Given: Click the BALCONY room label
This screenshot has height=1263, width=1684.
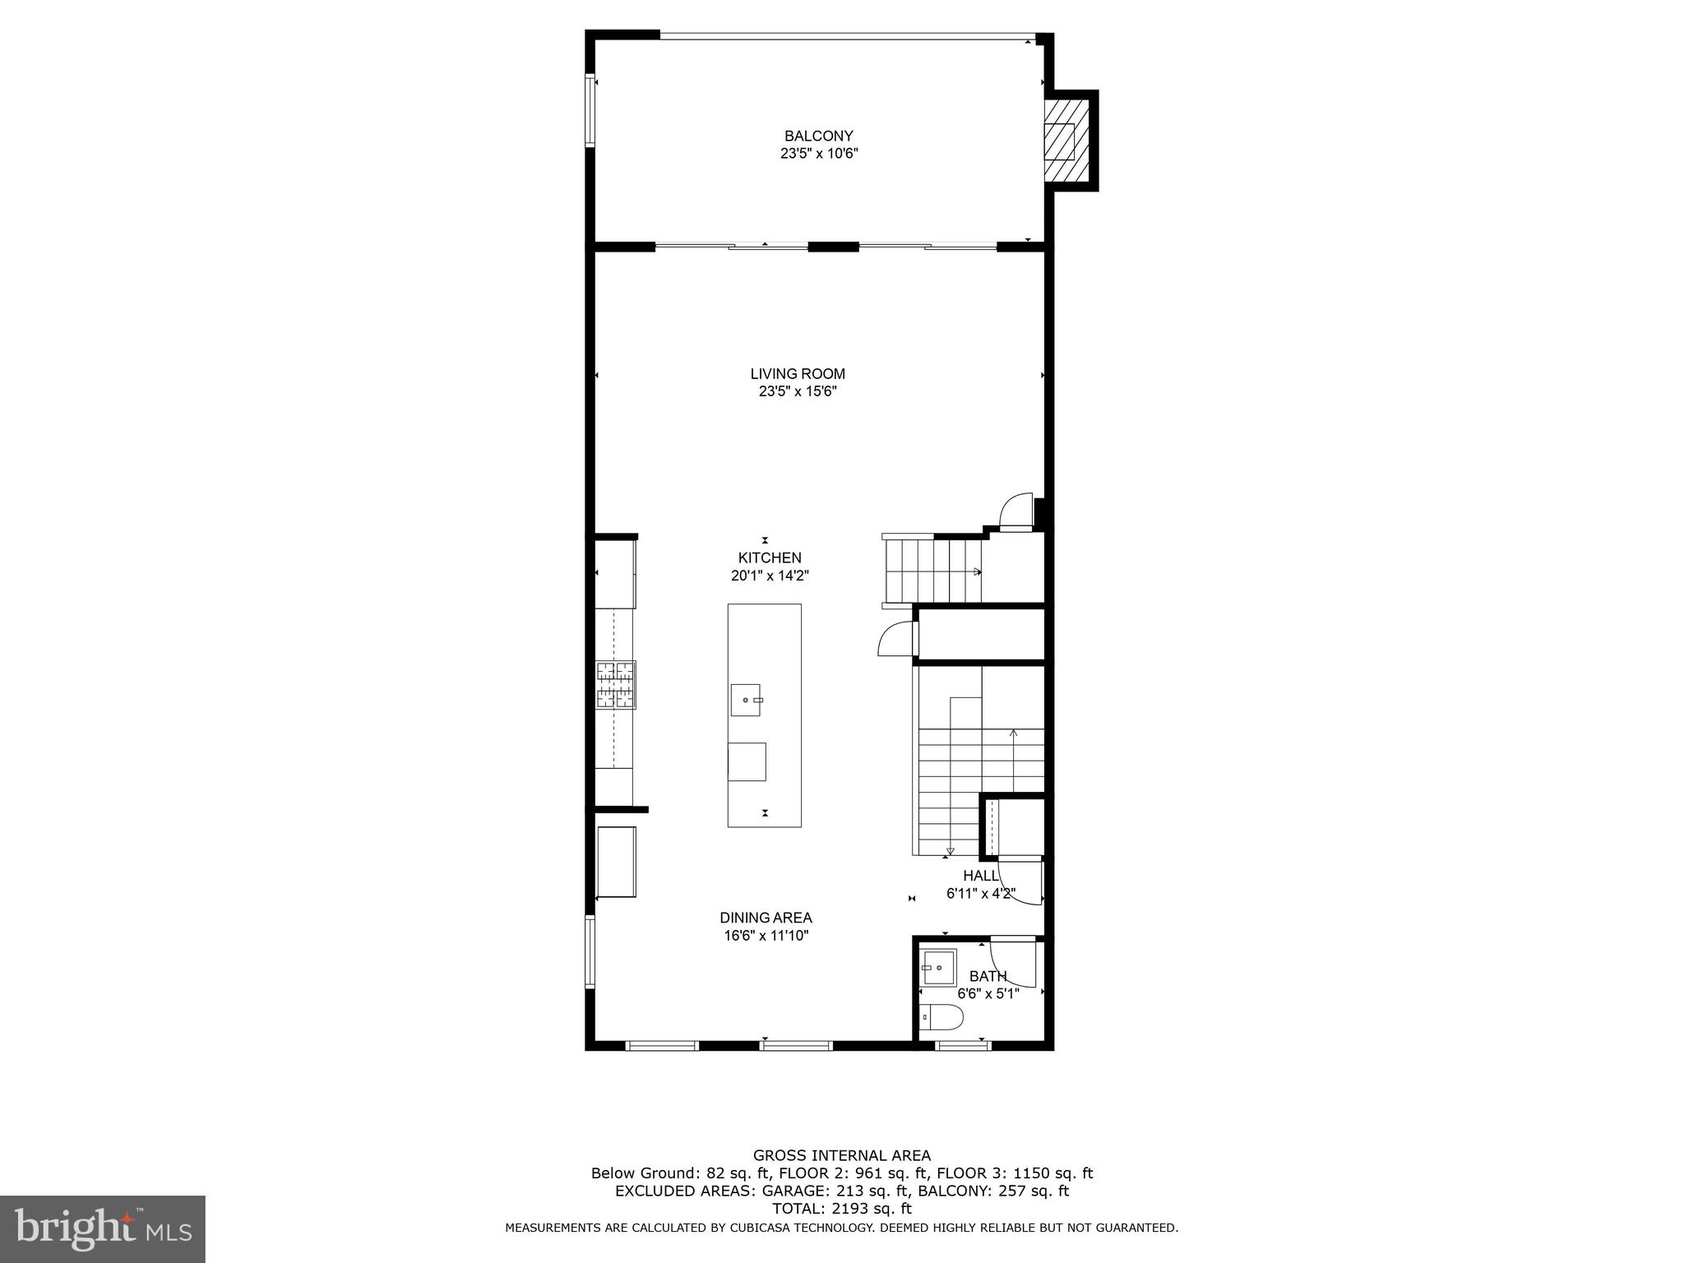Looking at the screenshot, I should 818,136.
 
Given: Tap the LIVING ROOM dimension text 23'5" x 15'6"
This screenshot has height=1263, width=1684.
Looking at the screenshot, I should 797,392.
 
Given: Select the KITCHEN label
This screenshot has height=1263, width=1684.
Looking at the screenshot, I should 769,557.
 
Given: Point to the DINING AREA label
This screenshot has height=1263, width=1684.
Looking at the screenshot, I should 766,918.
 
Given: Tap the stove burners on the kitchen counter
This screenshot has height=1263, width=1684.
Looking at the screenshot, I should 616,684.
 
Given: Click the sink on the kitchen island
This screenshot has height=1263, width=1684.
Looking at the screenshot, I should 746,700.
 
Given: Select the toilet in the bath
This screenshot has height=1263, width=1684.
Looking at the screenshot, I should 941,1017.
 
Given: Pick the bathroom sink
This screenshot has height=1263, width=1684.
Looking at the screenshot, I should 938,968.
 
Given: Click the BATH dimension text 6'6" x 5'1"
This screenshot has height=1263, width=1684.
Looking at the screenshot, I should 988,993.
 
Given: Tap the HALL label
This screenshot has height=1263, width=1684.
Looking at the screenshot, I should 980,876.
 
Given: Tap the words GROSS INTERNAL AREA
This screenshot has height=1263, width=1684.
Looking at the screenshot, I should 841,1155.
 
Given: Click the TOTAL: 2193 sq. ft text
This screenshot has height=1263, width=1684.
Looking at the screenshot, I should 841,1209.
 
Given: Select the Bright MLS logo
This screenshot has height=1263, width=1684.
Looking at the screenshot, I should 102,1228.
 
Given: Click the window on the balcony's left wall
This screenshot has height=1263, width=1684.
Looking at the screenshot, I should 590,111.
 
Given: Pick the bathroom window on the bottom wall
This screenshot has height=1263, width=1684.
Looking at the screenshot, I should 962,1046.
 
